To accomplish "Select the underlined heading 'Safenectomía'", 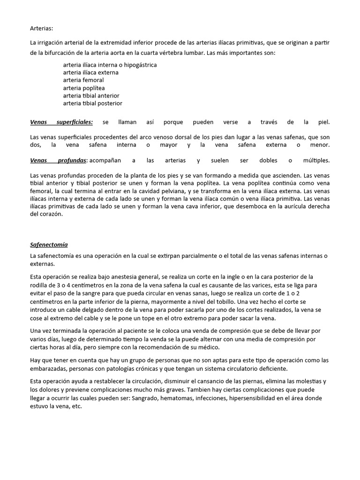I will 49,245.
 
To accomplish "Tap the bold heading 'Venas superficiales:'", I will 61,122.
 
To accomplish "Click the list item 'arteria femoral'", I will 83,80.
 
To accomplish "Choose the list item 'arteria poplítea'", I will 84,88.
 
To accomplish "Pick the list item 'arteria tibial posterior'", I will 93,103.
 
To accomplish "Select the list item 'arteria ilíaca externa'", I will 90,73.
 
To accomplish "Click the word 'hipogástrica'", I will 140,65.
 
